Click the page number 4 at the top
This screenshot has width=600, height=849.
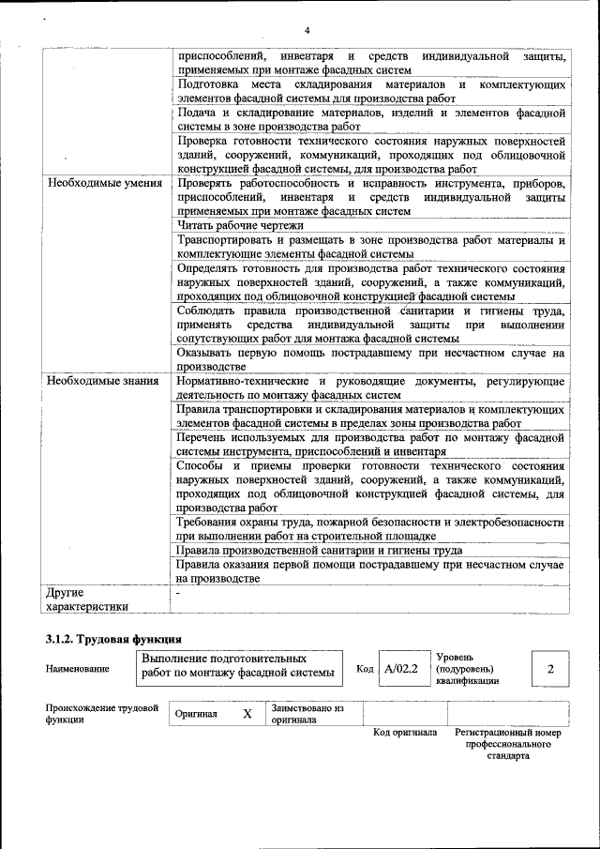[x=306, y=29]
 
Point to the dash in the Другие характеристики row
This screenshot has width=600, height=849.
[x=179, y=593]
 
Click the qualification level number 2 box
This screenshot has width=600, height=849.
[x=550, y=669]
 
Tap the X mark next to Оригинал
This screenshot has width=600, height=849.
[x=247, y=713]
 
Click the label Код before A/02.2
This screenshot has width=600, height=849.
[x=365, y=670]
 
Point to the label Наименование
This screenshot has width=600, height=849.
[x=77, y=669]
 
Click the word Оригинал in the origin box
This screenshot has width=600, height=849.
[x=196, y=714]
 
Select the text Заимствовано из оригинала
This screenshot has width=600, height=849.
[x=308, y=714]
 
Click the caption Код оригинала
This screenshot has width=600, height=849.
[x=405, y=732]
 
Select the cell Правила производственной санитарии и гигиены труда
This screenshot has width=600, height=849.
[x=319, y=551]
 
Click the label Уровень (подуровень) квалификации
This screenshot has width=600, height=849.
[x=466, y=669]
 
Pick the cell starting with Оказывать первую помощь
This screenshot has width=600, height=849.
[x=370, y=359]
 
